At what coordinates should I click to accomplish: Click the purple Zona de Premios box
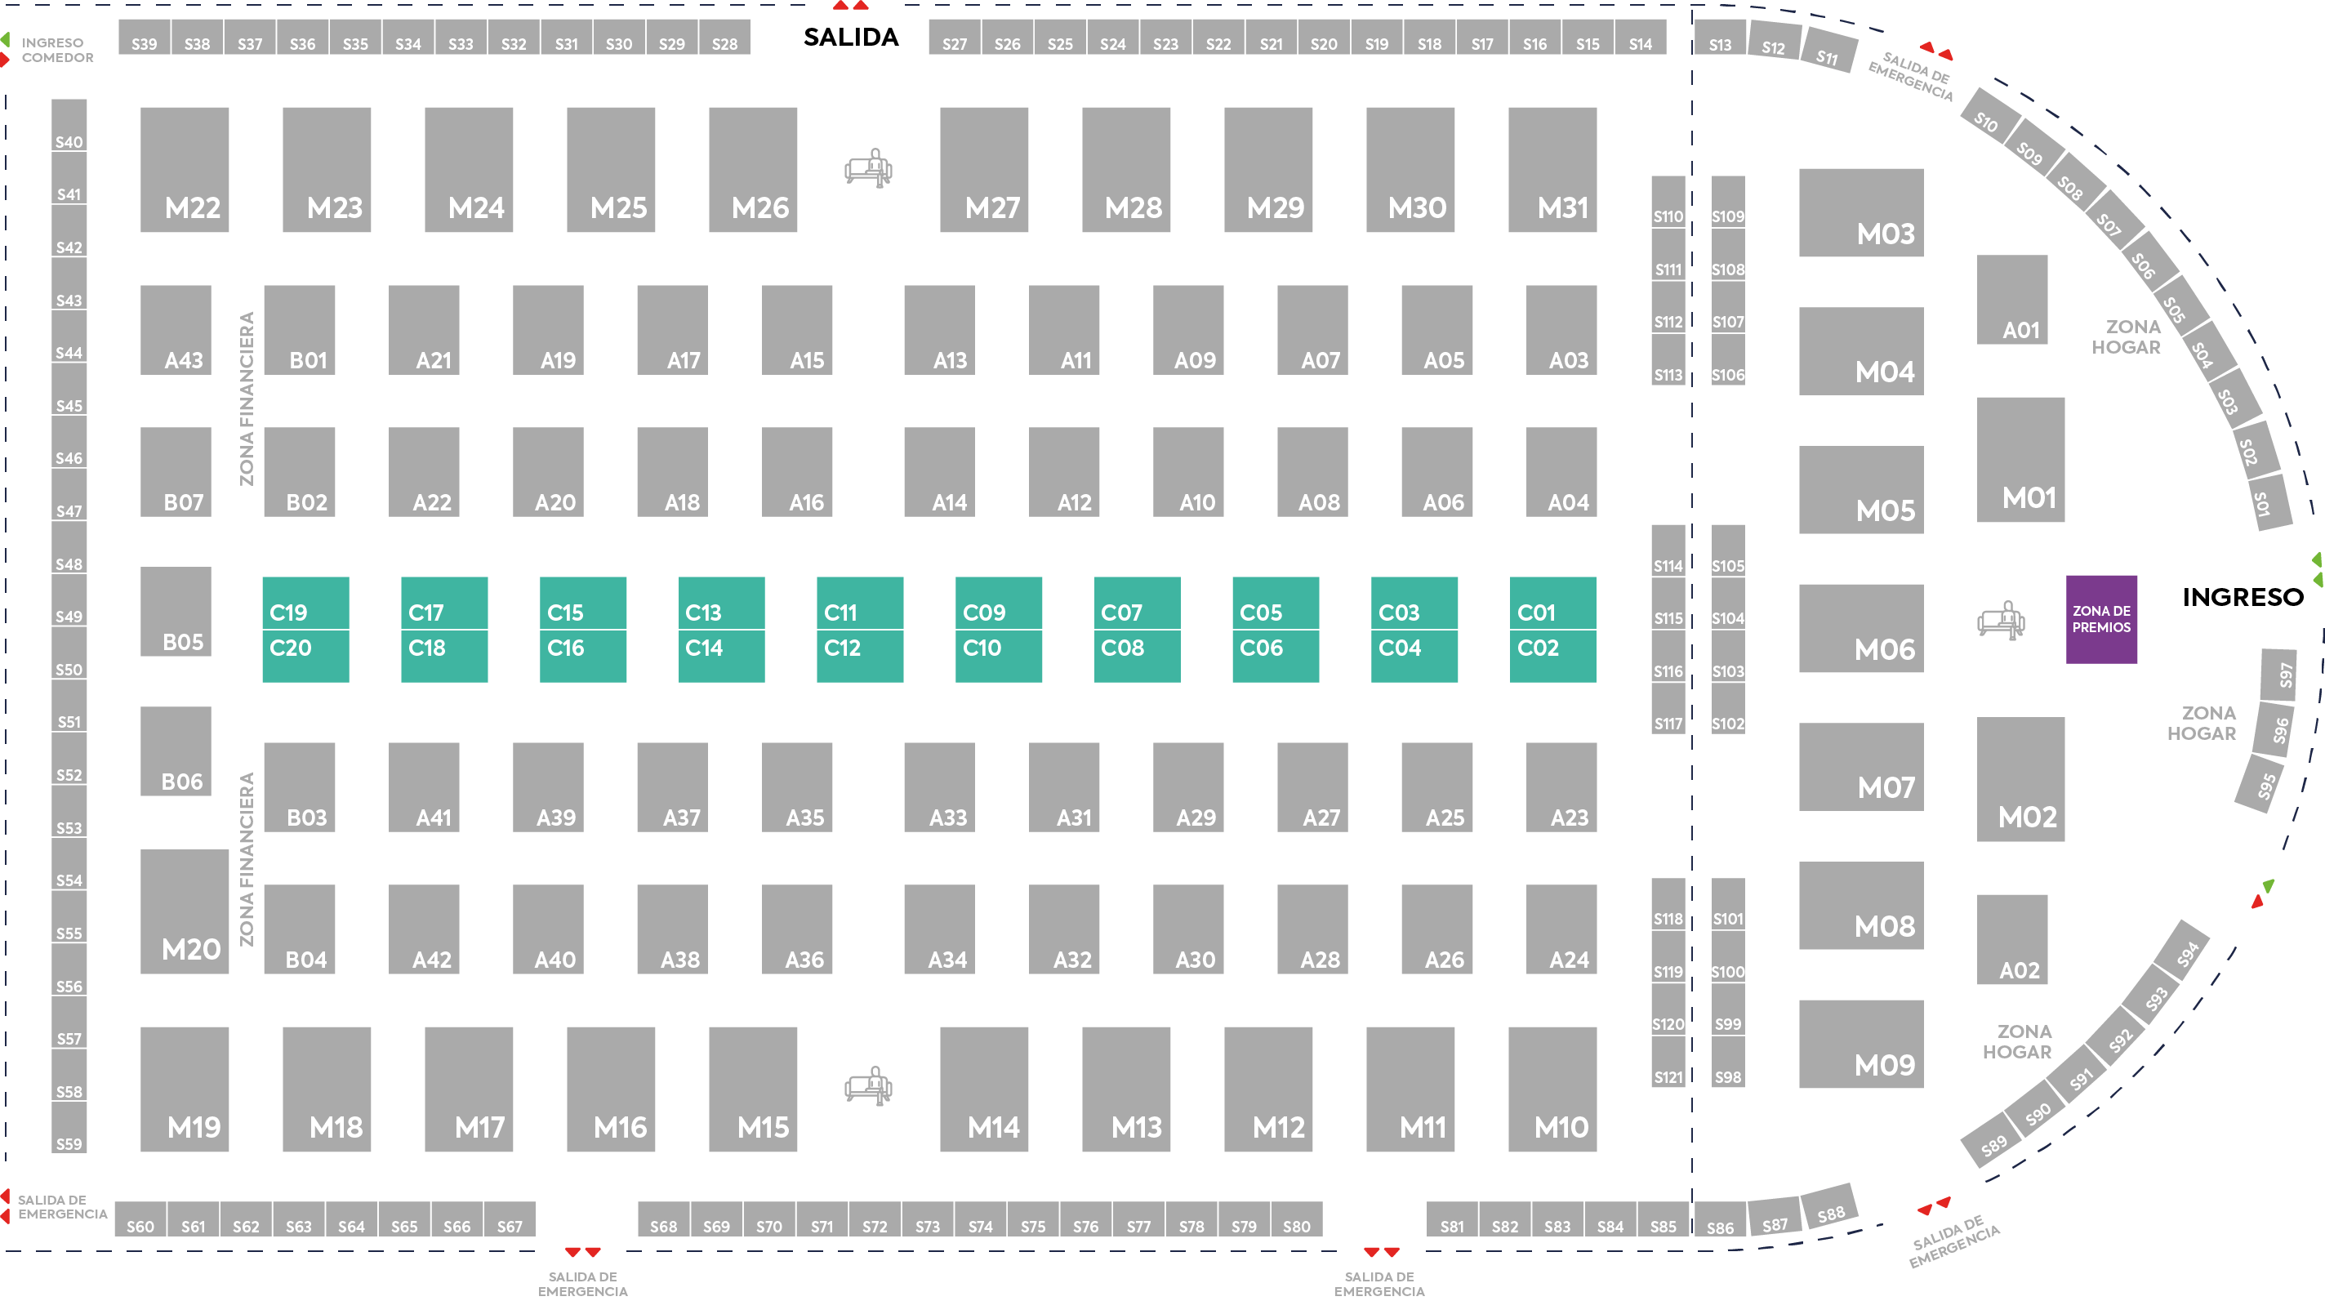tap(2101, 619)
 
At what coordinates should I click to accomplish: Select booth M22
tap(184, 170)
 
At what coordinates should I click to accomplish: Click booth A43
tap(176, 330)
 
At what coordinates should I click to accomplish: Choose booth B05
tap(176, 611)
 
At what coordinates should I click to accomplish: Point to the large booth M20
tap(184, 911)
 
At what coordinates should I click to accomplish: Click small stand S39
tap(145, 37)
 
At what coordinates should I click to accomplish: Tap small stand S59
tap(69, 1128)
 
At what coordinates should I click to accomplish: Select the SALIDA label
tap(850, 37)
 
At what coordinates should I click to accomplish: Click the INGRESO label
tap(2243, 597)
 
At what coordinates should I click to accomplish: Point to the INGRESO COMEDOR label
tap(58, 50)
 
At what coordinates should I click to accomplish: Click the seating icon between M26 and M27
tap(868, 169)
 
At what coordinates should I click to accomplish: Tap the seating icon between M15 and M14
tap(868, 1086)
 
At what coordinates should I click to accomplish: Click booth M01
tap(2021, 460)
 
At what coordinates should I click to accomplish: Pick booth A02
tap(2011, 939)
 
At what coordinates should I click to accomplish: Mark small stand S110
tap(1668, 202)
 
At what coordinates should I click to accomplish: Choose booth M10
tap(1552, 1089)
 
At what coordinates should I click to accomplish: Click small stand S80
tap(1297, 1218)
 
